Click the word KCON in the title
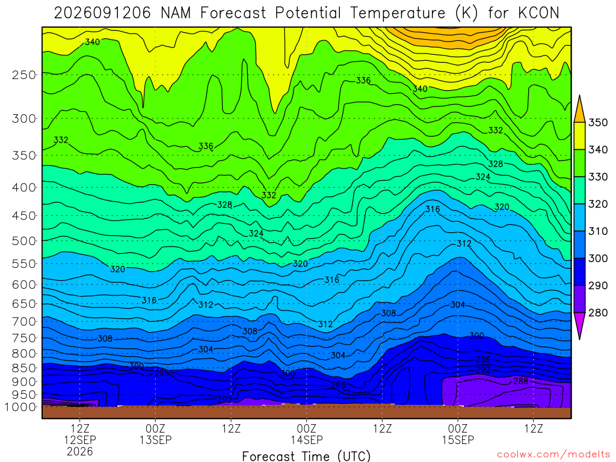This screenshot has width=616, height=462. tap(538, 13)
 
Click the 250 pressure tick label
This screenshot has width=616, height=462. tap(24, 75)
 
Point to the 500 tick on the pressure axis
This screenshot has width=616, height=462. tap(24, 241)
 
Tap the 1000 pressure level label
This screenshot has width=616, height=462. tap(20, 407)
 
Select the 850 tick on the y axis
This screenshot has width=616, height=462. tap(24, 368)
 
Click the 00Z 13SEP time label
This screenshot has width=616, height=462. tap(156, 434)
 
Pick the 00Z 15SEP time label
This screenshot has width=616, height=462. tap(458, 434)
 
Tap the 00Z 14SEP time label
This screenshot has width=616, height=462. tap(306, 434)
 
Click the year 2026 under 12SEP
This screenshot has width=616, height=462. tap(80, 451)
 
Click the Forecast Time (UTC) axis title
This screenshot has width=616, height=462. tap(306, 456)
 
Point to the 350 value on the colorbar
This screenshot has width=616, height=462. tap(597, 123)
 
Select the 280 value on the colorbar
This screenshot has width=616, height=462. tap(597, 313)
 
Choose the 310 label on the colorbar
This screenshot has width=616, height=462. tap(597, 232)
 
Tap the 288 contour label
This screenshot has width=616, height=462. tap(520, 381)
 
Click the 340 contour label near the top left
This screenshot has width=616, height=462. tap(92, 42)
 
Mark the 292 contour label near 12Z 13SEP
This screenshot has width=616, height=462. tap(225, 399)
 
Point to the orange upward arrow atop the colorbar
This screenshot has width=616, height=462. tap(579, 109)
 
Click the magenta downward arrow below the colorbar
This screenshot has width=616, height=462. tap(579, 326)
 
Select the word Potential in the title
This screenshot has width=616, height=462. tap(307, 13)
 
